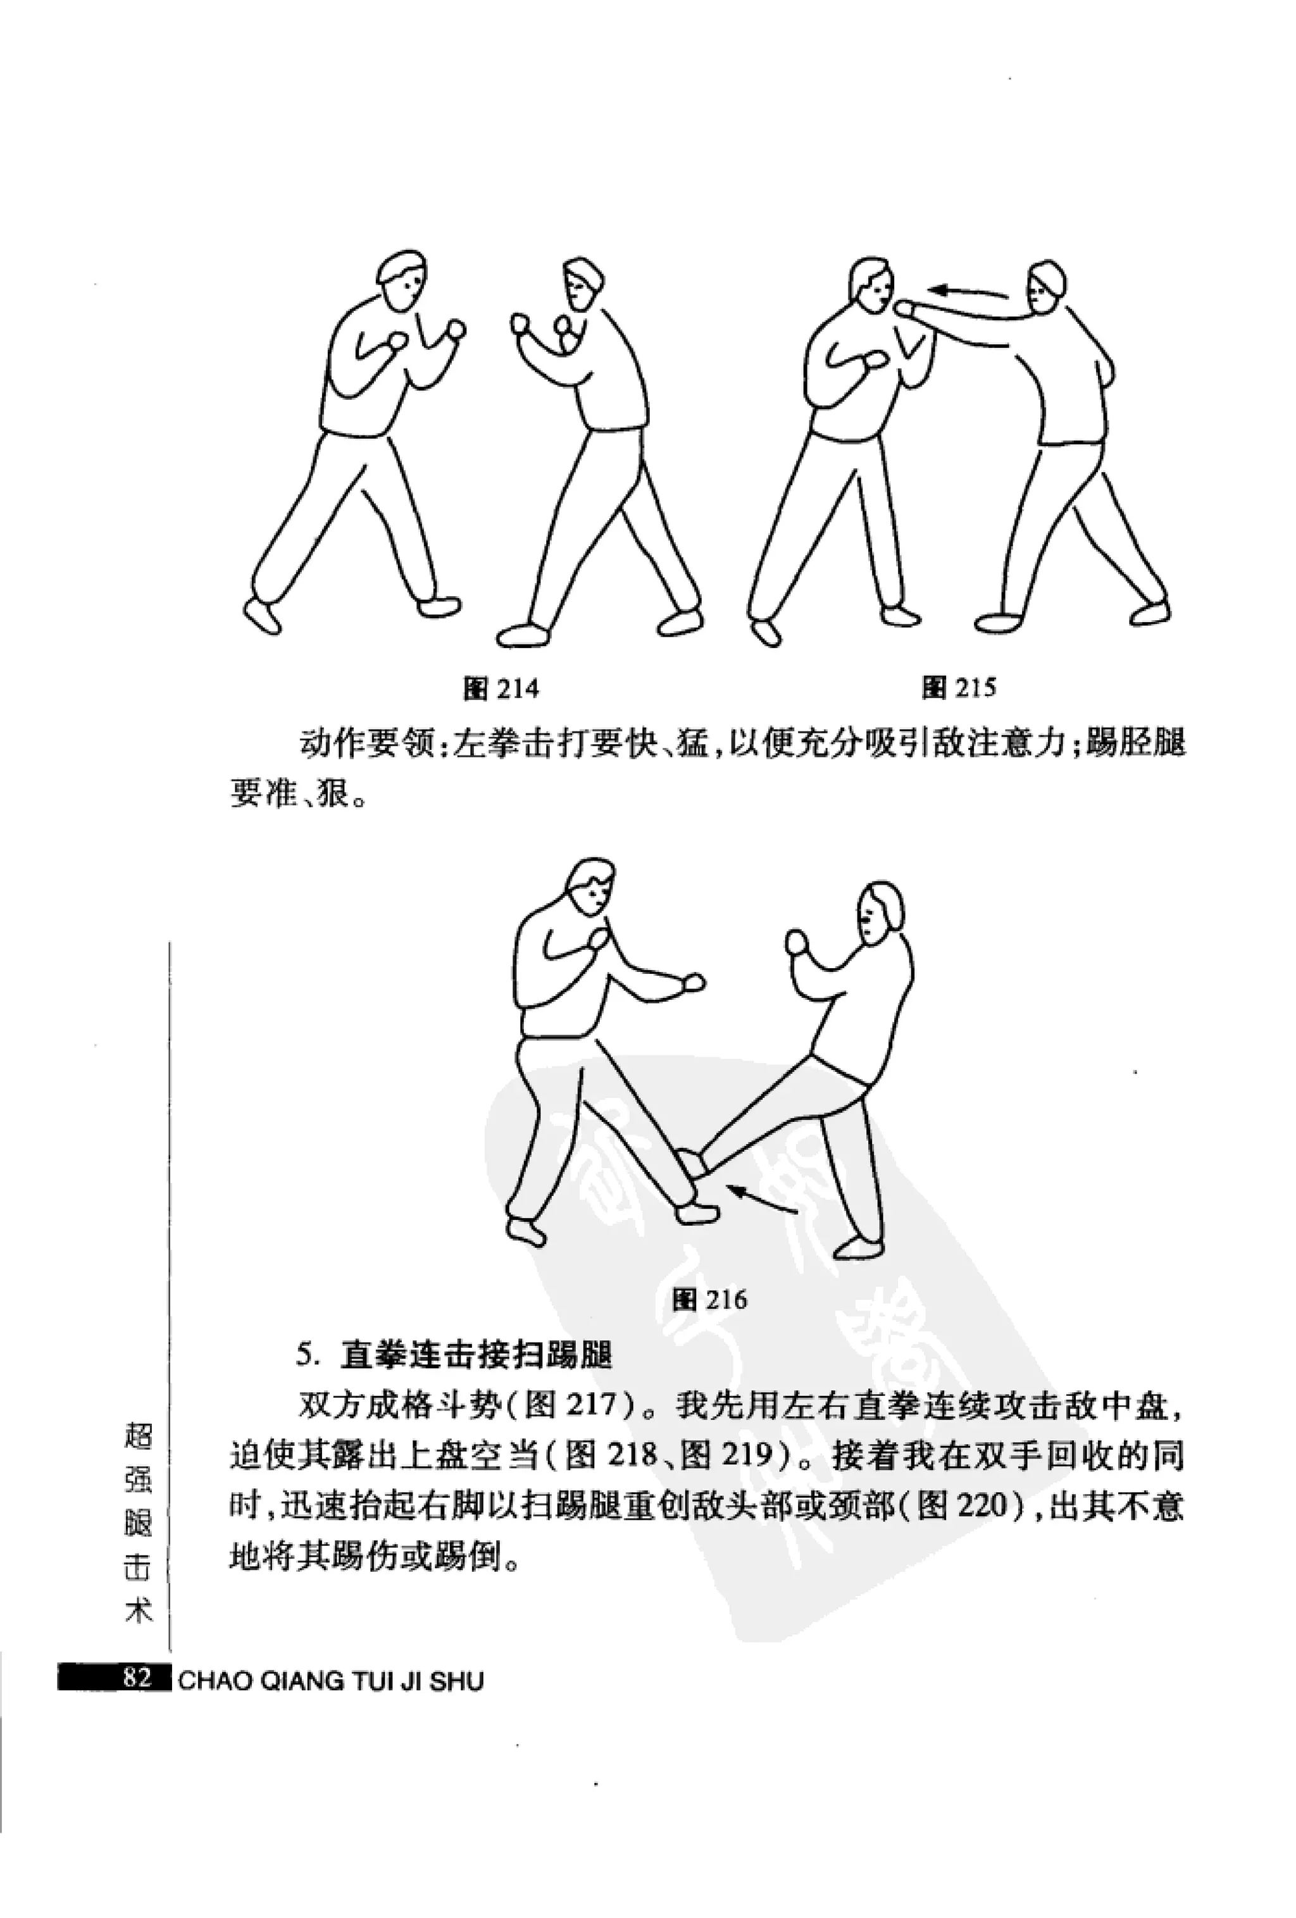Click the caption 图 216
click(709, 1299)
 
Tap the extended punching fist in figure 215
click(906, 308)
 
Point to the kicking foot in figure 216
click(692, 1164)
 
